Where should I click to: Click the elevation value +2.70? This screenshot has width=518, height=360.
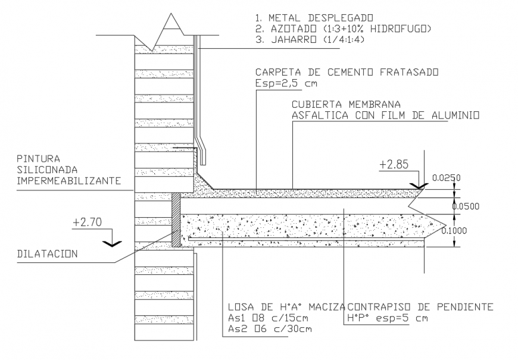(88, 223)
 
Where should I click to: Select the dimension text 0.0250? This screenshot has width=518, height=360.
(447, 177)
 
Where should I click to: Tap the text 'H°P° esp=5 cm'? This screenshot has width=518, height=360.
(388, 318)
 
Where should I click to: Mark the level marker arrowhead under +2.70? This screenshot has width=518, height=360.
(113, 242)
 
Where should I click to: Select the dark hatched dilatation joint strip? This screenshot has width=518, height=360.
(176, 220)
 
